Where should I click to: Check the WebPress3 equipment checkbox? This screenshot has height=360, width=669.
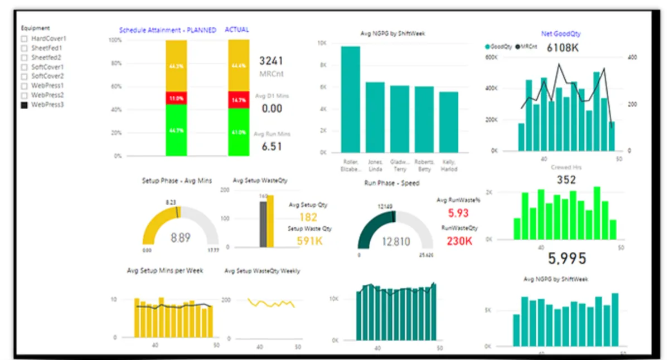click(24, 105)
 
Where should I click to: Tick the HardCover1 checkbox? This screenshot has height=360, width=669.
click(24, 39)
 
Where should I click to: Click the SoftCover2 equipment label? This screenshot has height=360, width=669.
click(47, 76)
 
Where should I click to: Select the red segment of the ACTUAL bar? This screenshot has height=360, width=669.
click(239, 100)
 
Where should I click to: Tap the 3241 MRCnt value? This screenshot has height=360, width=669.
click(272, 61)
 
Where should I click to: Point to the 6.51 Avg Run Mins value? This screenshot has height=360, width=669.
click(272, 147)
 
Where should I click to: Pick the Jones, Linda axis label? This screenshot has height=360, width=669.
click(375, 166)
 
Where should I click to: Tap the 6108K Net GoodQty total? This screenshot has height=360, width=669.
click(562, 48)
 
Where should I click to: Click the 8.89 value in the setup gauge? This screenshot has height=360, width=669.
click(180, 238)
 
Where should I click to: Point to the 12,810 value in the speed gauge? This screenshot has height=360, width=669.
click(396, 242)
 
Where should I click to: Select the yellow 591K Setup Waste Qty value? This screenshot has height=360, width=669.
click(310, 241)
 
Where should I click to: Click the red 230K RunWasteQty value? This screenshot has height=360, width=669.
click(459, 241)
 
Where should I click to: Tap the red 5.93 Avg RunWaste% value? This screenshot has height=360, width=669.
click(458, 213)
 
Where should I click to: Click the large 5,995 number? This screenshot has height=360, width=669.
click(566, 259)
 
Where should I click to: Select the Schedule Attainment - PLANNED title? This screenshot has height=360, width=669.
click(167, 30)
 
